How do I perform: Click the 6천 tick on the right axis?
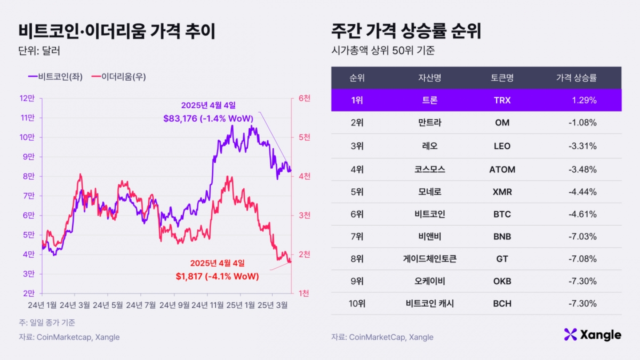[305, 98]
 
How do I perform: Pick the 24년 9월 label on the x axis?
[175, 305]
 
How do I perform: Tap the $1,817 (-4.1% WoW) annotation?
[217, 276]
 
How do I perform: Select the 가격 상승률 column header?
[576, 78]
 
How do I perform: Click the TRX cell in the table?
[502, 100]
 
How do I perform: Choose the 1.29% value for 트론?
[584, 100]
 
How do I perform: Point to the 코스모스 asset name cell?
[429, 170]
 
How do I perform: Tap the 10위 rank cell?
[357, 303]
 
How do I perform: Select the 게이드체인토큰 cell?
[429, 259]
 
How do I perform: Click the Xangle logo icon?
[571, 334]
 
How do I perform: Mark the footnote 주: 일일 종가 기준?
[46, 322]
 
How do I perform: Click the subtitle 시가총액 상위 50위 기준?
[382, 51]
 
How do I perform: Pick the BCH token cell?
[502, 303]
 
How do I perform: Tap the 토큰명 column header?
[502, 78]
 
